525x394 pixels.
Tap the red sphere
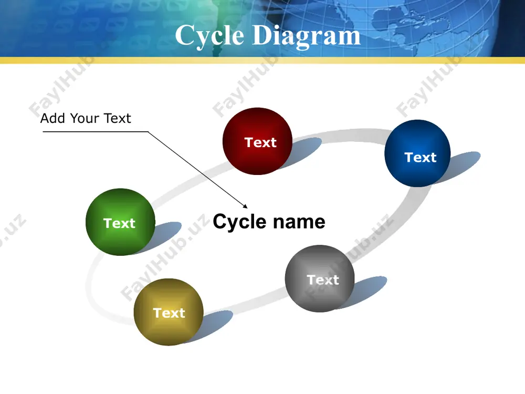(257, 141)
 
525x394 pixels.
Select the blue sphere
(417, 153)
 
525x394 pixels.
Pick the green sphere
(121, 222)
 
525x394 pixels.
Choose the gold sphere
(169, 312)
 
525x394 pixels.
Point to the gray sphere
(320, 278)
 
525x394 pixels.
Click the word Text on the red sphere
(260, 142)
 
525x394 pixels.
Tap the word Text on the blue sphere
(421, 157)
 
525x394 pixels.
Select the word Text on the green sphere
(119, 223)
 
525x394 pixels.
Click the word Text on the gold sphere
(169, 313)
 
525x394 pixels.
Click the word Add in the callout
(52, 118)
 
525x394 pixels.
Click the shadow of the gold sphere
(214, 325)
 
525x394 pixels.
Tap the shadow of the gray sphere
(366, 292)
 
